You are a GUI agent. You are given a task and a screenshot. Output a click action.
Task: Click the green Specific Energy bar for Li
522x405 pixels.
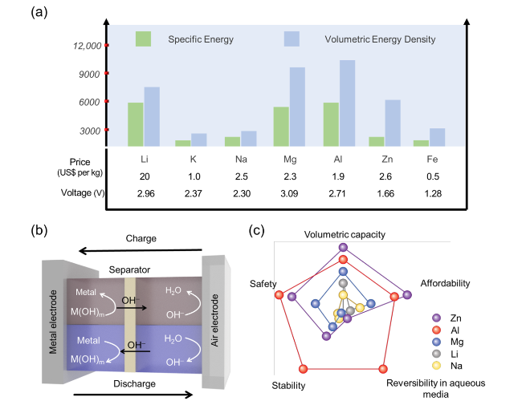tap(135, 124)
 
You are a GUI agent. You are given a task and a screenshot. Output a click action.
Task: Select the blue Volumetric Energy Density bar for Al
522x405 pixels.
tap(347, 103)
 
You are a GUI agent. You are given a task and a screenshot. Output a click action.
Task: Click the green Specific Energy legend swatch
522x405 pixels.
tap(143, 38)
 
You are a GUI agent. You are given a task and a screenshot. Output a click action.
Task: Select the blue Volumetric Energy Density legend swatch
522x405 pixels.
tap(292, 38)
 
